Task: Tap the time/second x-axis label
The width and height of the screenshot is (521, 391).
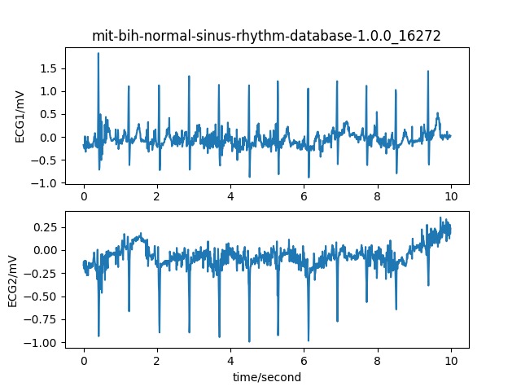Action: [266, 377]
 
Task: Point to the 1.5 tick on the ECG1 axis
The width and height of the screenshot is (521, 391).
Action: [48, 68]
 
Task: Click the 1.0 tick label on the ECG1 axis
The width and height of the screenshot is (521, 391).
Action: [48, 91]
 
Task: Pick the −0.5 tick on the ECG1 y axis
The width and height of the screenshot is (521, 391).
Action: [45, 160]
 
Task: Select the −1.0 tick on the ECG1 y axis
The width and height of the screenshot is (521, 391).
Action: [45, 182]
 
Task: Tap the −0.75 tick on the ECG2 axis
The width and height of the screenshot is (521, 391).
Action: [42, 319]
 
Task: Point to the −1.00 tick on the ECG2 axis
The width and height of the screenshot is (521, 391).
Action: [42, 342]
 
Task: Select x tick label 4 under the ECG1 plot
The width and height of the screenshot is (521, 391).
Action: [230, 196]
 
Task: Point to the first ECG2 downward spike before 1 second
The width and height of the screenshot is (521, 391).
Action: [99, 334]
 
